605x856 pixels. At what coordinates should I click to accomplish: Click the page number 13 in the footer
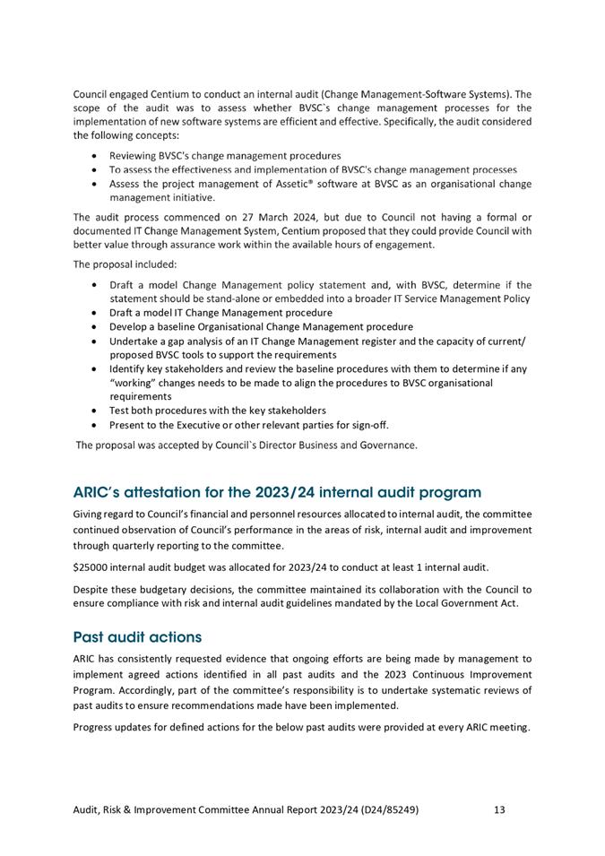499,809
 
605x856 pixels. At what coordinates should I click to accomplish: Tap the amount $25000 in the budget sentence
94,566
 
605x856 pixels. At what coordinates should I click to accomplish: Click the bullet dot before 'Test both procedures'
95,411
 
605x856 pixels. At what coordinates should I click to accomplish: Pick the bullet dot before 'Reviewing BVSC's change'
95,155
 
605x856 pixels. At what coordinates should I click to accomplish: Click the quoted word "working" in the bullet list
136,383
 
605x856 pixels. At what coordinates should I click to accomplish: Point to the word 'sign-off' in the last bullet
367,425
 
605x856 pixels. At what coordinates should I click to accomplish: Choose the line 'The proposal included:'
125,264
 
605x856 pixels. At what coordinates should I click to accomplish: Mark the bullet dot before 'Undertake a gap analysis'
95,342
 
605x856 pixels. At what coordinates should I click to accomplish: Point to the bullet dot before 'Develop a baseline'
95,327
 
